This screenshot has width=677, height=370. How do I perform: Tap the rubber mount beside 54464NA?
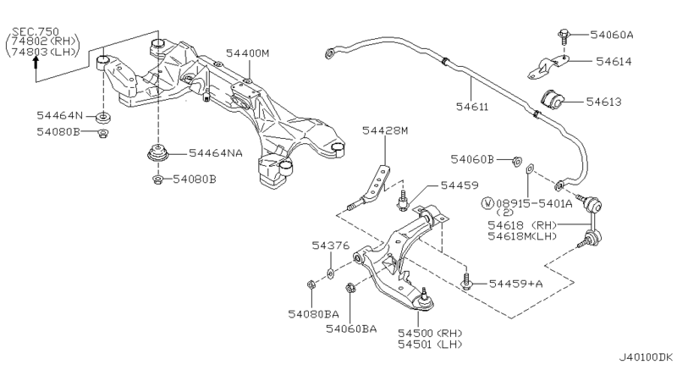tap(158, 155)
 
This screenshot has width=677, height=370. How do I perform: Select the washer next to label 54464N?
tap(101, 115)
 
